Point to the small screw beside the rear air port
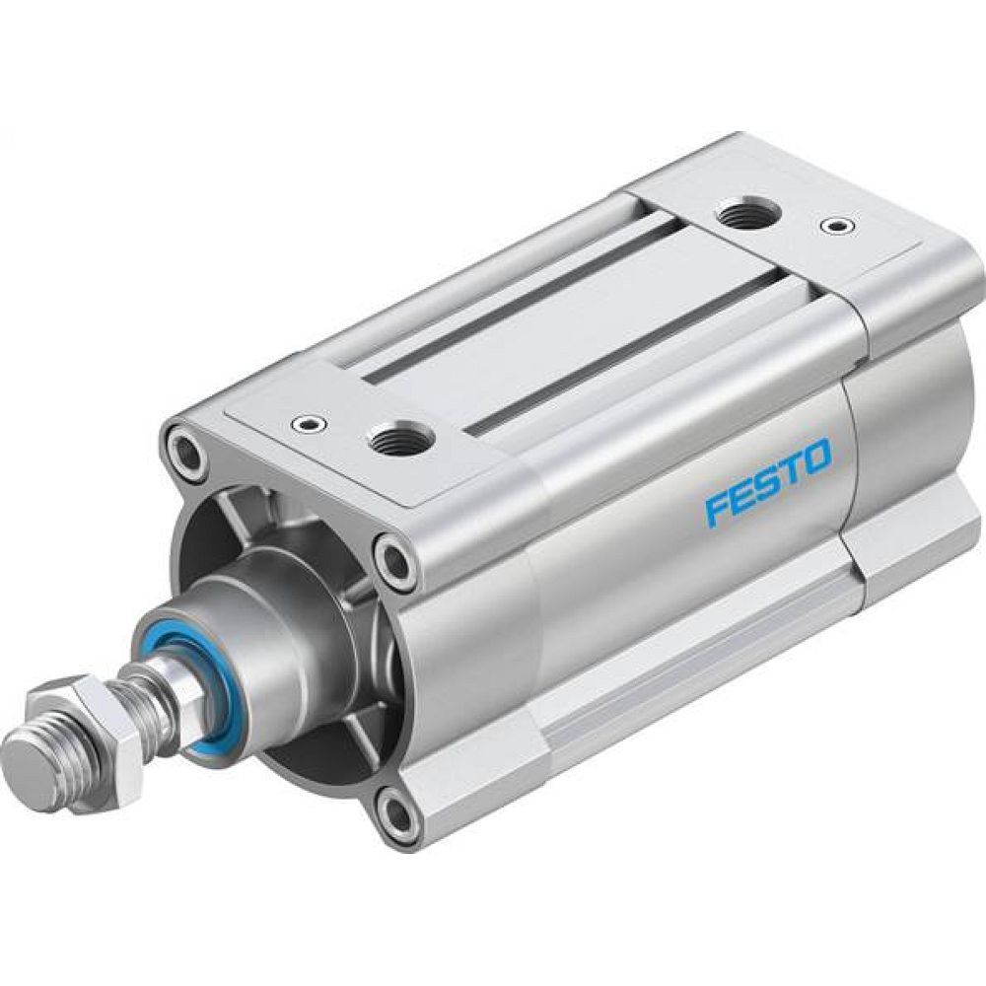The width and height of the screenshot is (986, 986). point(837,227)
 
